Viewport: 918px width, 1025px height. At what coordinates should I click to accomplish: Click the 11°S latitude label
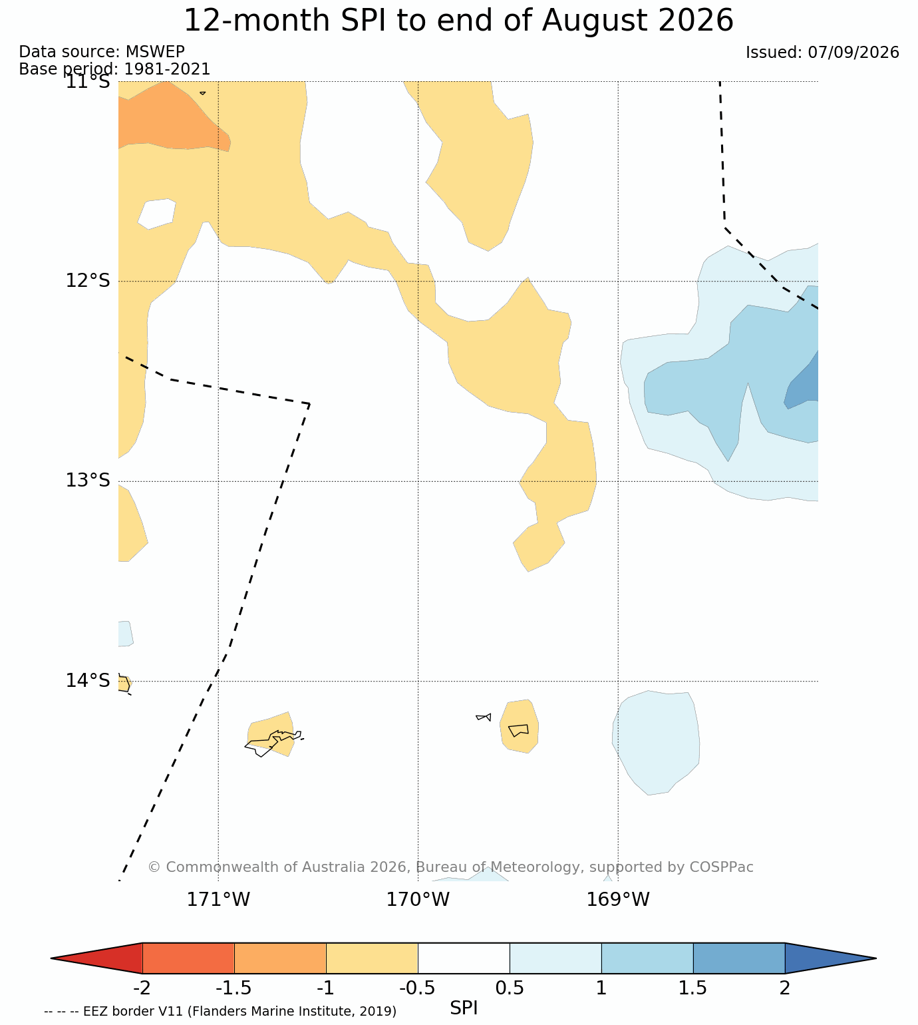pos(88,81)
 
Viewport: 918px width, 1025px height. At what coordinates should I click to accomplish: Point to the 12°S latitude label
pos(88,281)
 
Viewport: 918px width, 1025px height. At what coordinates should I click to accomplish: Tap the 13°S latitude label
pos(88,481)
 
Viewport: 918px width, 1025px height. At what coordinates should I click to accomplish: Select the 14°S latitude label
pos(88,681)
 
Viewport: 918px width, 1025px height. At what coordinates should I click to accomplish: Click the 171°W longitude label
pos(218,899)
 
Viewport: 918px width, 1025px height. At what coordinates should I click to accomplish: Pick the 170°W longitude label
pos(418,899)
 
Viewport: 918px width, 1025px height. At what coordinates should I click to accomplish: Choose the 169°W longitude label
pos(617,899)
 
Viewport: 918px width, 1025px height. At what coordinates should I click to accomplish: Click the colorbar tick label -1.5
pos(233,988)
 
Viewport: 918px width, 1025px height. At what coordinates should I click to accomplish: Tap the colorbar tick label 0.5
pos(510,988)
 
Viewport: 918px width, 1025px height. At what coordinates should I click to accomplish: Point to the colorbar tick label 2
pos(784,988)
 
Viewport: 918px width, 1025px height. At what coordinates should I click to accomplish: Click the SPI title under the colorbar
pos(463,1008)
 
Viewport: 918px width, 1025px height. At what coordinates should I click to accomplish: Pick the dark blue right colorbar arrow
pos(830,958)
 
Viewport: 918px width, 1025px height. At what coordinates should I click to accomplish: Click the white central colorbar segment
pos(464,958)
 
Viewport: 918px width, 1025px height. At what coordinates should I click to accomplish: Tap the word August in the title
pos(594,21)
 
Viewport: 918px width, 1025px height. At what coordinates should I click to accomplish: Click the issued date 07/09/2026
pos(853,53)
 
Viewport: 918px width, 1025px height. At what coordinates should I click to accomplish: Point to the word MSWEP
pos(155,52)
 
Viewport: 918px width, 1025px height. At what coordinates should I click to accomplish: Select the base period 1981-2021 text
pos(167,69)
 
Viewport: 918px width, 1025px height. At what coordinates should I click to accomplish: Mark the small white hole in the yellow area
pos(158,214)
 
